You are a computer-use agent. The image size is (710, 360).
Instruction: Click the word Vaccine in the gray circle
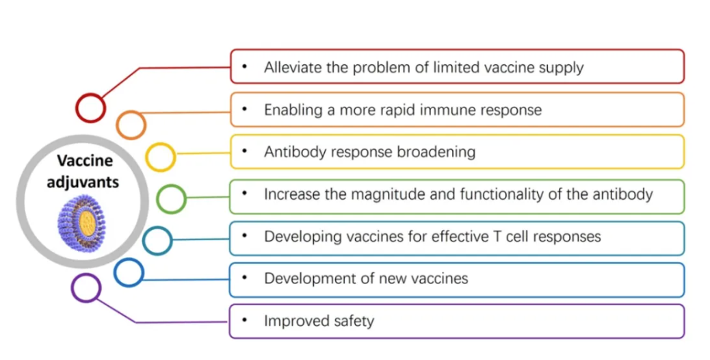point(85,161)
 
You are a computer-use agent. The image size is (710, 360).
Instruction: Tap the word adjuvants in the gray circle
point(83,182)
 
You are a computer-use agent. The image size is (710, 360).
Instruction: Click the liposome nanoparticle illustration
point(81,223)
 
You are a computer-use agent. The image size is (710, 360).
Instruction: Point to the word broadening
point(436,152)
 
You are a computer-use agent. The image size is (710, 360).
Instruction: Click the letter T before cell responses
point(497,236)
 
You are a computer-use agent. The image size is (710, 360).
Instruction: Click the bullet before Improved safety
point(244,320)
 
